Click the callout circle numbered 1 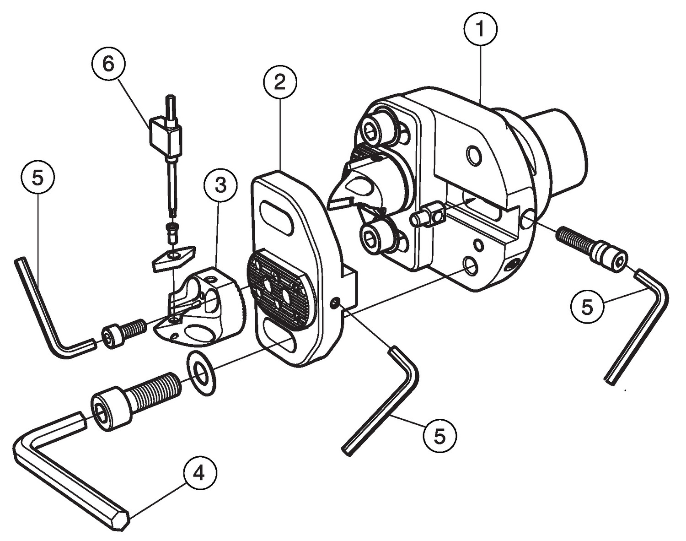480,28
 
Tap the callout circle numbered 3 220,186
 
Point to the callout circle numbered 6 108,64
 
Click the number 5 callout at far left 38,178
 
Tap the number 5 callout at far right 588,306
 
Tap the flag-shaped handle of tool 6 164,136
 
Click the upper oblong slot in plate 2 275,219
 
